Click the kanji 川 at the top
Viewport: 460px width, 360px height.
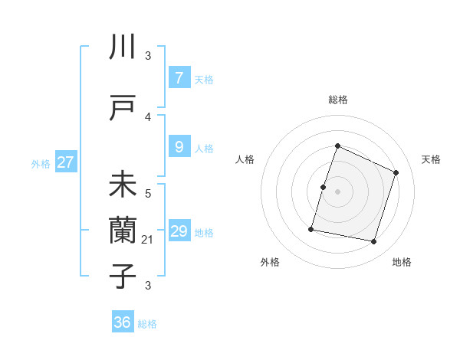coord(123,47)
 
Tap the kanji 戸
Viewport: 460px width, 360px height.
coord(123,108)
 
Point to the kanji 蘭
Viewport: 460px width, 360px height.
coord(123,229)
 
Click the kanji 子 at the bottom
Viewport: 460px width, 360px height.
coord(123,275)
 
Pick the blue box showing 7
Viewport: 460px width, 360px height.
coord(179,78)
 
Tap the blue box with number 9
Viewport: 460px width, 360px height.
coord(179,147)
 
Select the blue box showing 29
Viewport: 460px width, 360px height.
coord(179,231)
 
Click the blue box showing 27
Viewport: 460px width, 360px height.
coord(66,162)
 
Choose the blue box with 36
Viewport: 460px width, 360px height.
coord(123,322)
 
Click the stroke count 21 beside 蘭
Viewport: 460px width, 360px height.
coord(148,241)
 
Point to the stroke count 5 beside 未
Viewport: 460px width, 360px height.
coord(148,194)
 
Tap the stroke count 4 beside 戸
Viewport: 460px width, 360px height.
coord(148,117)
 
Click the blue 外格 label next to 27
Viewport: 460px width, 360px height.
coord(41,163)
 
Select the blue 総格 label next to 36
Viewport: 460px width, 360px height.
coord(147,324)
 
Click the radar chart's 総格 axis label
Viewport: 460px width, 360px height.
coord(337,100)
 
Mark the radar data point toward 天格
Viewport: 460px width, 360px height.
coord(396,172)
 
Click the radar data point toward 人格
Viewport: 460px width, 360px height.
coord(324,187)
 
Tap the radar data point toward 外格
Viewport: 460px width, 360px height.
coord(311,228)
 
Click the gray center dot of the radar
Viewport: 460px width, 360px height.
coord(337,191)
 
